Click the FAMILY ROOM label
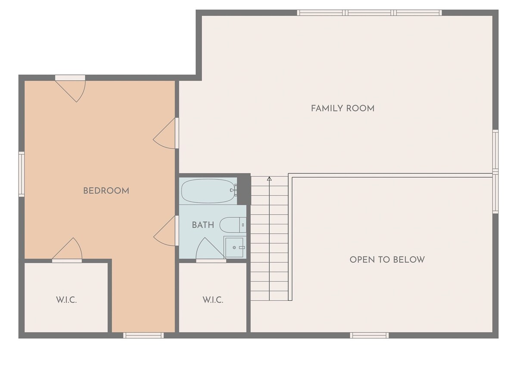click(x=343, y=108)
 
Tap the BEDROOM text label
click(x=106, y=191)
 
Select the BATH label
click(x=203, y=225)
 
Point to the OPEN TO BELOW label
click(x=387, y=260)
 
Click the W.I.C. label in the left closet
click(x=66, y=300)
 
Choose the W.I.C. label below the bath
click(x=213, y=300)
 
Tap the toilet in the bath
click(x=233, y=225)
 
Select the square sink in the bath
click(x=235, y=247)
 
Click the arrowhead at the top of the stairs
click(x=269, y=179)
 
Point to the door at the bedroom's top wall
click(x=70, y=89)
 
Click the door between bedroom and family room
click(x=166, y=133)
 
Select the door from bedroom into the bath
click(x=166, y=231)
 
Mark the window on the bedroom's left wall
click(x=22, y=174)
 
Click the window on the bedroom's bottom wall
click(x=143, y=335)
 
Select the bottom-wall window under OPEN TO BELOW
click(x=369, y=335)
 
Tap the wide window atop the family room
click(x=369, y=12)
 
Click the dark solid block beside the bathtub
click(x=244, y=189)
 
